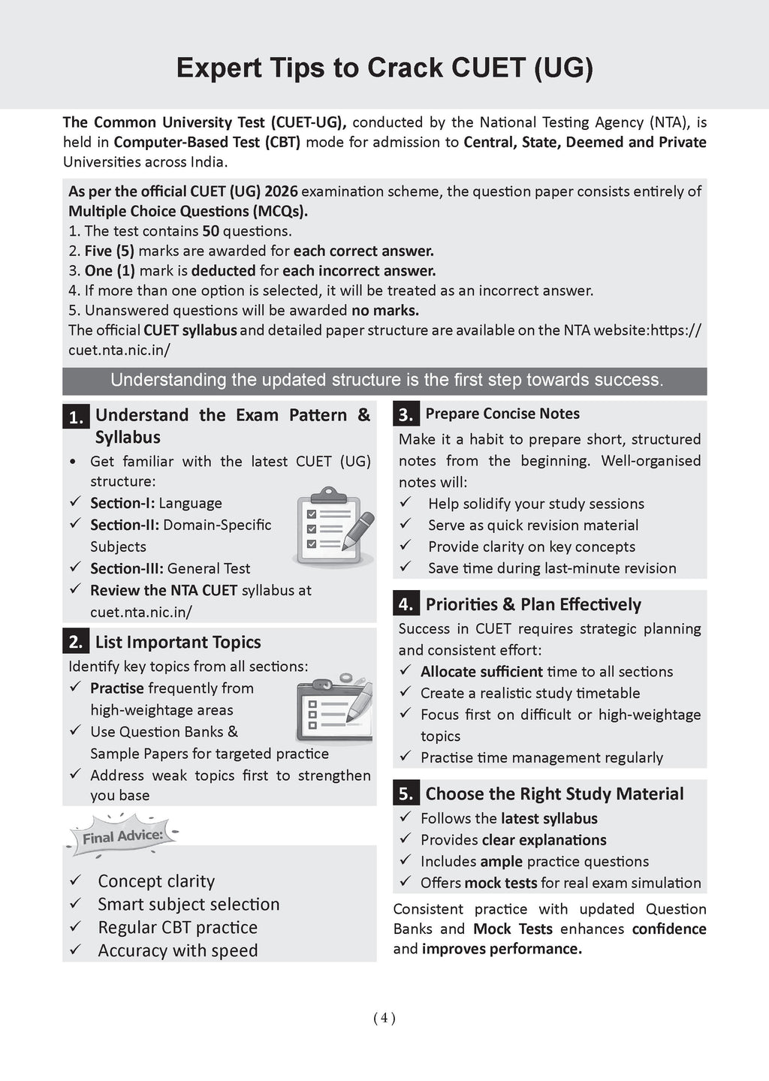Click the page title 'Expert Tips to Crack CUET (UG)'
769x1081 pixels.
click(384, 68)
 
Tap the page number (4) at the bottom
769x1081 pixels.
click(384, 1018)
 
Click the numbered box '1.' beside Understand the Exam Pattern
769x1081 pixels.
click(76, 417)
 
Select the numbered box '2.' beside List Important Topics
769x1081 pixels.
click(76, 642)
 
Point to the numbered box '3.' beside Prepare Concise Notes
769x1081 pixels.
click(406, 414)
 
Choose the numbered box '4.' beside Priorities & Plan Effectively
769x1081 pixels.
click(406, 604)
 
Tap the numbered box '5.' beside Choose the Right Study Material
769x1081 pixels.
click(406, 793)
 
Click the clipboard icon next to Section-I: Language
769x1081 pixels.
click(333, 526)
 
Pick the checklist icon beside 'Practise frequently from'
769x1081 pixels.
click(334, 708)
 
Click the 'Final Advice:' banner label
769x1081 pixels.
click(122, 836)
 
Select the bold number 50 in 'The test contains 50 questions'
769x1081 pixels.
click(210, 231)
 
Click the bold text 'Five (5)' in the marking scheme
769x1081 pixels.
click(109, 251)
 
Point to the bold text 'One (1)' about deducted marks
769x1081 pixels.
click(109, 271)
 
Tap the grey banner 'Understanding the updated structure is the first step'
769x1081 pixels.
click(384, 381)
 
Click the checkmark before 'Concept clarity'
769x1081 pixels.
click(75, 881)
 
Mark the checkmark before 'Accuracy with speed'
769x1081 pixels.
click(75, 950)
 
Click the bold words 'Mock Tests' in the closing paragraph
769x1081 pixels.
click(512, 929)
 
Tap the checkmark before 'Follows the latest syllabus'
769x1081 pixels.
click(406, 817)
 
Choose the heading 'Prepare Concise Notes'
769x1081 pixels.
click(502, 414)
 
